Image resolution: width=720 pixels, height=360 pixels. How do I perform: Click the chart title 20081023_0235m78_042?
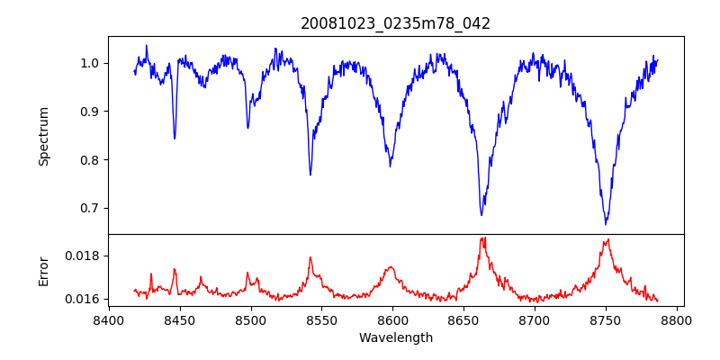pos(396,23)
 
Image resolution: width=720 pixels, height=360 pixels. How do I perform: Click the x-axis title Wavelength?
pos(396,337)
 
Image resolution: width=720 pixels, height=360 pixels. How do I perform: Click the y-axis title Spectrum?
pos(44,136)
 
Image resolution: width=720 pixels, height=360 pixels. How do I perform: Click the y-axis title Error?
pos(44,271)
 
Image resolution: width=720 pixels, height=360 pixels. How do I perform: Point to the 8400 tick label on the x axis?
pos(108,320)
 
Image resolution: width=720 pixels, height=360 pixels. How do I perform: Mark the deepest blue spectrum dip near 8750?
pos(607,223)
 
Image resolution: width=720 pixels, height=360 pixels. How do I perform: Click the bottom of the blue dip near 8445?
pos(175,138)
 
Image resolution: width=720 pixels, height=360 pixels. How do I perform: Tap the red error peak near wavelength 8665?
pos(483,238)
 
